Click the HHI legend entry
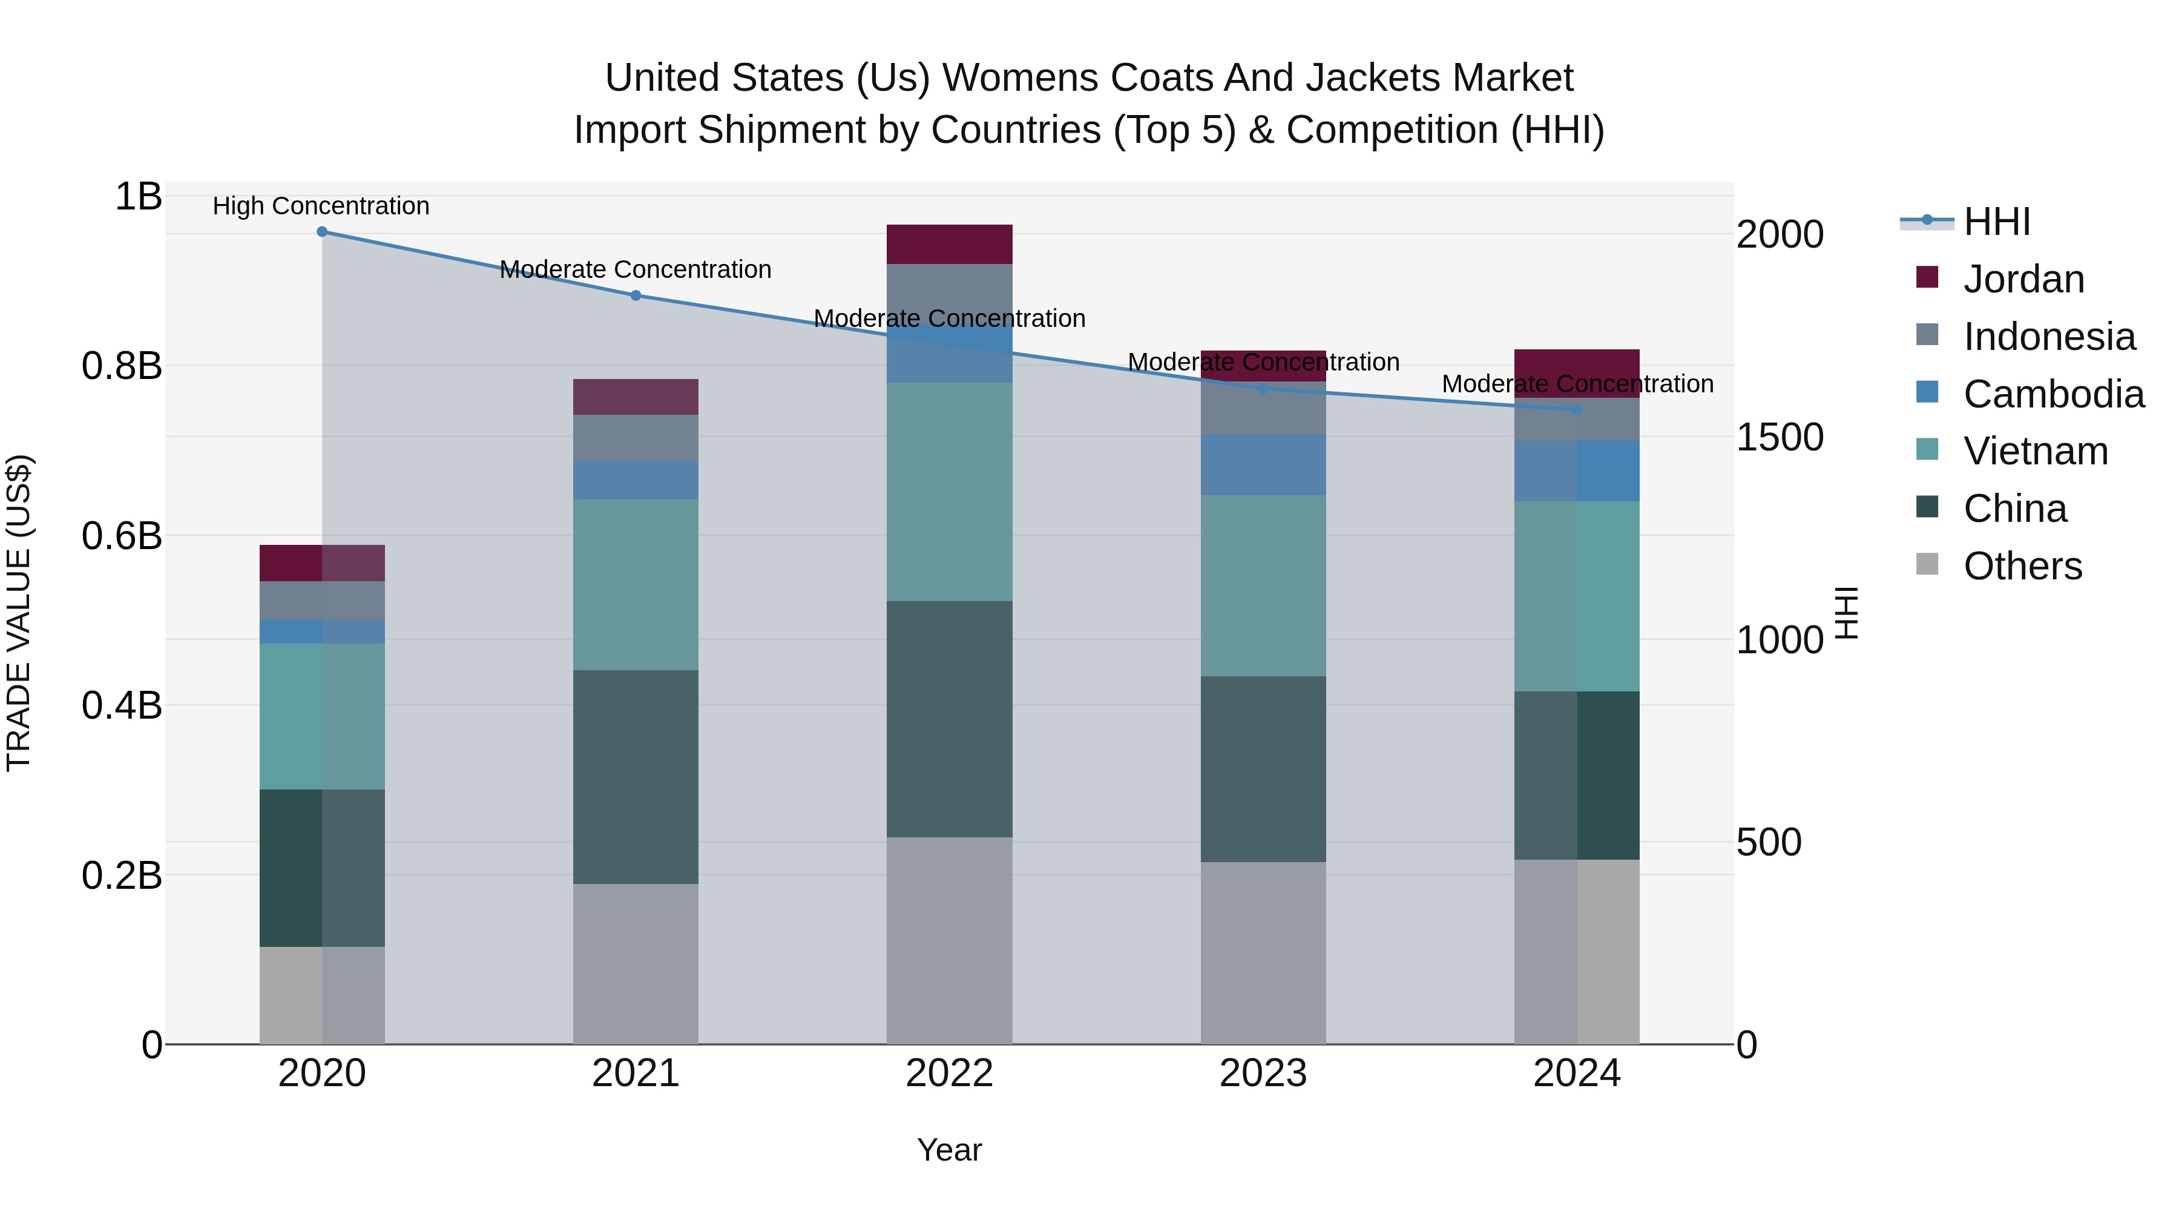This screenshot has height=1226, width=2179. tap(1996, 222)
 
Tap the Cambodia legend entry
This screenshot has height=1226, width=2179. tap(2053, 394)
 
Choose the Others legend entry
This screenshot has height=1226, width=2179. tap(2022, 566)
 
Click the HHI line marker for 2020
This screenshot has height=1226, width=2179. tap(321, 232)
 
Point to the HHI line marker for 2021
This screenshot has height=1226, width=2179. tap(636, 295)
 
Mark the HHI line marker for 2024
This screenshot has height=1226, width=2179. tap(1577, 409)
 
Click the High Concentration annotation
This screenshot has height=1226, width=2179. tap(321, 206)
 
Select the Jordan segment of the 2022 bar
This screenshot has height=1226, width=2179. tap(949, 245)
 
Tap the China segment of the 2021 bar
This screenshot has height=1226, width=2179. tap(636, 777)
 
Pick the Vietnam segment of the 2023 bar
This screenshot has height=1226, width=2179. tap(1263, 585)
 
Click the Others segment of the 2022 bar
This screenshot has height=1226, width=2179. tap(949, 940)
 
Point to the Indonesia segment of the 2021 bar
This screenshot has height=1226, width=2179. tap(636, 438)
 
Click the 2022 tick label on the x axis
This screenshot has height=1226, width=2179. tap(949, 1073)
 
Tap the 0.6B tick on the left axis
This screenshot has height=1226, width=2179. tap(121, 536)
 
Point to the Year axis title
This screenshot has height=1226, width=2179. tap(949, 1150)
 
